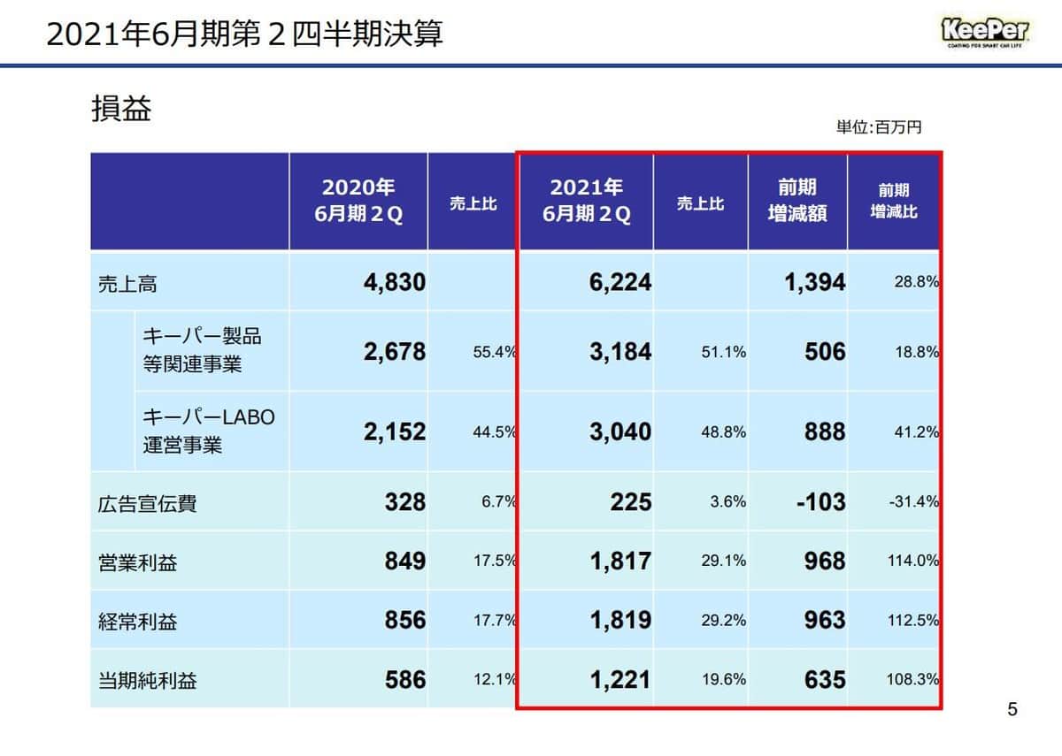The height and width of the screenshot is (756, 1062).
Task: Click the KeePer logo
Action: point(983,33)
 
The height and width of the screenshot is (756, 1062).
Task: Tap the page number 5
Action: point(1012,709)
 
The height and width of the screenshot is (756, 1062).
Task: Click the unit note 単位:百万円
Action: point(878,128)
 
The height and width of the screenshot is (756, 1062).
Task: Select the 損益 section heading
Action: point(121,109)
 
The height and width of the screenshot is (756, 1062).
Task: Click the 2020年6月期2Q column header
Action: point(358,201)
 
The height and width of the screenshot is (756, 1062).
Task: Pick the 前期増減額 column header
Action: point(797,201)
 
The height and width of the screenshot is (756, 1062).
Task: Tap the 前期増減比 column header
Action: point(893,201)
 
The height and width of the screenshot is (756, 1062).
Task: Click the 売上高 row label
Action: point(127,284)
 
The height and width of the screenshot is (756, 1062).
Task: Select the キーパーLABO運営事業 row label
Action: point(209,431)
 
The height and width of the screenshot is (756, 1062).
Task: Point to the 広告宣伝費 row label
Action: point(147,504)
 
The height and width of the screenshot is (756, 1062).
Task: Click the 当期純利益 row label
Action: point(147,681)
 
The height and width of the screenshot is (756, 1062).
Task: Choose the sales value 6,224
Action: point(621,282)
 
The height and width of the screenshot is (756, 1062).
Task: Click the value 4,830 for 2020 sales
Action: point(394,282)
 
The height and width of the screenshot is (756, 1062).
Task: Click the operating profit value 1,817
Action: point(621,561)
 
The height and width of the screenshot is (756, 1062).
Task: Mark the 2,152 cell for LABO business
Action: point(394,431)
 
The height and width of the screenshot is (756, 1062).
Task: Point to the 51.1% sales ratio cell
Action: point(723,352)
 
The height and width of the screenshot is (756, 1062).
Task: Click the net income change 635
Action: point(825,680)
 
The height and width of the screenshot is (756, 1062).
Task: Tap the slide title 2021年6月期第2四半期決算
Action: point(244,34)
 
